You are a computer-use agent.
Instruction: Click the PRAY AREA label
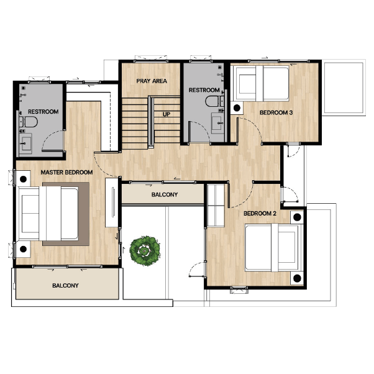152,81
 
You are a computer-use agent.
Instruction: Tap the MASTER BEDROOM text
66,172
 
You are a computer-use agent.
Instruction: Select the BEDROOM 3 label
276,112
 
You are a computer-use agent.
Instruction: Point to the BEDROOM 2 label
260,214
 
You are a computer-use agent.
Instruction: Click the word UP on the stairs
166,114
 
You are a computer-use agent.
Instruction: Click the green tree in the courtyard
145,251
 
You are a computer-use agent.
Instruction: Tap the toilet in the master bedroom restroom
29,122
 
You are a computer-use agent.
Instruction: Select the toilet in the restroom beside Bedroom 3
215,101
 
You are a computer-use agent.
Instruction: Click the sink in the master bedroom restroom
25,144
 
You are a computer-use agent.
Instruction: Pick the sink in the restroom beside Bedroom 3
217,123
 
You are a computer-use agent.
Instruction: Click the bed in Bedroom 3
261,83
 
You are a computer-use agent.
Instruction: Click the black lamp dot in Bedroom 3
237,108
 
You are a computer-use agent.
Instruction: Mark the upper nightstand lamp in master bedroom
23,179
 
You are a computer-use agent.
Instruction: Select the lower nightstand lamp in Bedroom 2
297,278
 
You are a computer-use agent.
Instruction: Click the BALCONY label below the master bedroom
65,286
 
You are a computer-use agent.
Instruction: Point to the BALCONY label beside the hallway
165,194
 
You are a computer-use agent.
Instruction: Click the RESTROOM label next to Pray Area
204,90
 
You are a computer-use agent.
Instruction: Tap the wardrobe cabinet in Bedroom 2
216,205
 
